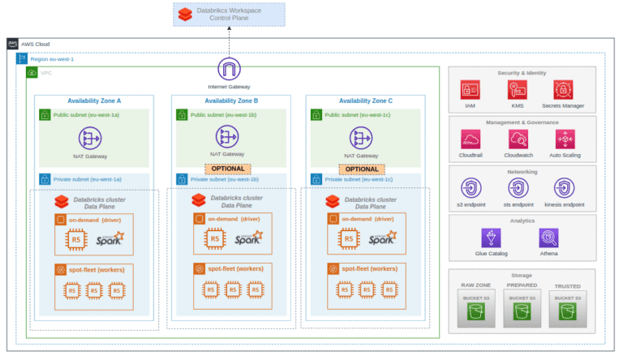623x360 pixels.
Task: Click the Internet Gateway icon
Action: pyautogui.click(x=230, y=69)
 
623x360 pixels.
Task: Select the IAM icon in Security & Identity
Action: pyautogui.click(x=471, y=90)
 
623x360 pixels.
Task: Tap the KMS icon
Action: pyautogui.click(x=518, y=90)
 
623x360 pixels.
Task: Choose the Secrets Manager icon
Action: pyautogui.click(x=564, y=90)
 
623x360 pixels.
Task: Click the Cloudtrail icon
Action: pyautogui.click(x=471, y=139)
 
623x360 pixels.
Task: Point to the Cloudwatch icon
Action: pyautogui.click(x=518, y=139)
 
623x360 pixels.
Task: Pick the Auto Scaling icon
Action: pyautogui.click(x=564, y=139)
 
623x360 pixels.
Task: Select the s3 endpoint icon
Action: pyautogui.click(x=471, y=188)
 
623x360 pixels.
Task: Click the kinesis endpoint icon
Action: pyautogui.click(x=564, y=188)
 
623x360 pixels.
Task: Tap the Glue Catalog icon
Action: pyautogui.click(x=491, y=237)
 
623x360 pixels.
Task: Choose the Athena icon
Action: pyautogui.click(x=548, y=237)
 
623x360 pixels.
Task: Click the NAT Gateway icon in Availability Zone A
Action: pyautogui.click(x=96, y=138)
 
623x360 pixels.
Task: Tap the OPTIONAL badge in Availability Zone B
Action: pyautogui.click(x=230, y=169)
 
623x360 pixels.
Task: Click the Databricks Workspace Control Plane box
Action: pyautogui.click(x=229, y=15)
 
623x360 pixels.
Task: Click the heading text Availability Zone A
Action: pyautogui.click(x=94, y=101)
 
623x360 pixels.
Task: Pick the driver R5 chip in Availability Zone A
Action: pyautogui.click(x=76, y=239)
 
